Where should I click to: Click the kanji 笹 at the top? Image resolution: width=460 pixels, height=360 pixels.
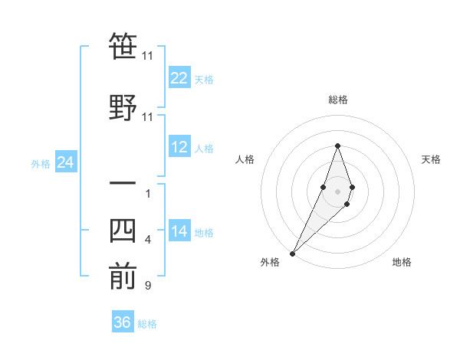click(x=123, y=47)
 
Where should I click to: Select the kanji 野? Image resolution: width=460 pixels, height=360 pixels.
click(x=123, y=107)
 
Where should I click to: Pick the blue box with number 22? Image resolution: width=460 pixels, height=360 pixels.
click(x=179, y=78)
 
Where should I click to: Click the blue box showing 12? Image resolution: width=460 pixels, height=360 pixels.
click(x=179, y=147)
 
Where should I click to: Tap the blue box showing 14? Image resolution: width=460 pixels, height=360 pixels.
click(x=179, y=231)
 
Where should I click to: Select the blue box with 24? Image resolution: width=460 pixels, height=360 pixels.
click(x=66, y=162)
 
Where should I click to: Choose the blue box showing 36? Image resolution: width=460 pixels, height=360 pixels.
click(x=123, y=322)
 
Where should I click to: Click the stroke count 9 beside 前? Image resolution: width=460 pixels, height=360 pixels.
click(x=147, y=286)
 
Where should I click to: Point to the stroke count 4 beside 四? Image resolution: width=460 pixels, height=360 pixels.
click(x=147, y=240)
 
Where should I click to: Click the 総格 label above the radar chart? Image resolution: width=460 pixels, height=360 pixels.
click(x=338, y=100)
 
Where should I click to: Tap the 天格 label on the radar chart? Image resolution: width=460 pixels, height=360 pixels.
click(x=431, y=159)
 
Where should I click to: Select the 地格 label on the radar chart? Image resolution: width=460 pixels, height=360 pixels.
click(x=402, y=262)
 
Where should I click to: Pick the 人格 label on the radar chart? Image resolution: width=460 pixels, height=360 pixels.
click(x=245, y=159)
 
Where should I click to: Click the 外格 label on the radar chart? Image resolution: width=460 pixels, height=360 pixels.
click(x=270, y=262)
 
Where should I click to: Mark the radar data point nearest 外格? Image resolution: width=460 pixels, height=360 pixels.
click(x=292, y=253)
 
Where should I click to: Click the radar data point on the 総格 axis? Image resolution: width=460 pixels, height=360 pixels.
click(x=338, y=146)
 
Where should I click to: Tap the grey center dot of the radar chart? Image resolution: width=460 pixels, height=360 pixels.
click(x=338, y=191)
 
